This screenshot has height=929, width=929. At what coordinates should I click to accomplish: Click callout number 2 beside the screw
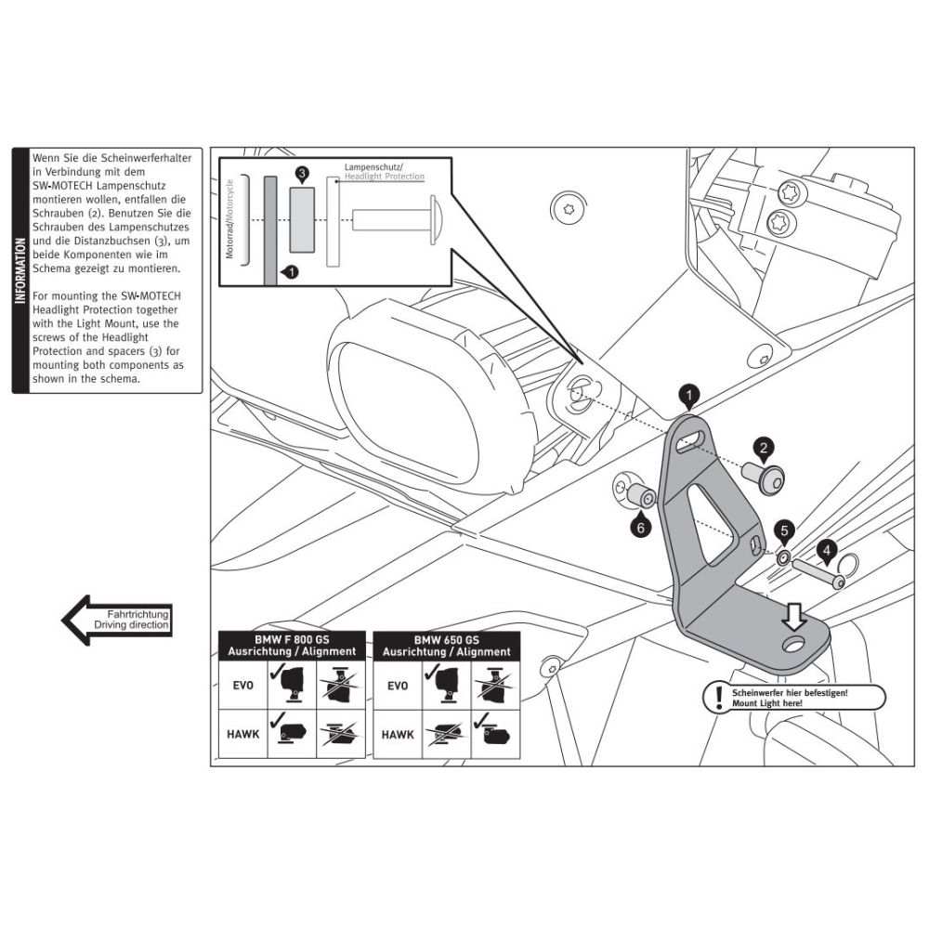[763, 449]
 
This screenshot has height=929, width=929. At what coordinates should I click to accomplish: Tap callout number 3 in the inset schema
[302, 174]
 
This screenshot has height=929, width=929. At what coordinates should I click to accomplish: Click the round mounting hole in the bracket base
[794, 644]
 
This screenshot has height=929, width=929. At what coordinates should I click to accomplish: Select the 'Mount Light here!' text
[766, 704]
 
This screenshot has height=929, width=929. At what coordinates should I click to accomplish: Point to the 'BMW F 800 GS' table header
[292, 640]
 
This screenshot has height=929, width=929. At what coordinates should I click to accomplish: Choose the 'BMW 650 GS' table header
[446, 640]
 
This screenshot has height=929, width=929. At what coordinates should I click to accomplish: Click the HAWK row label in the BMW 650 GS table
[398, 735]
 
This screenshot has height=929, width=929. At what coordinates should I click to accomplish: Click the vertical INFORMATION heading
[20, 269]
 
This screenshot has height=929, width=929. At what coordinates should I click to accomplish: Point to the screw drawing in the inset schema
[399, 220]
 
